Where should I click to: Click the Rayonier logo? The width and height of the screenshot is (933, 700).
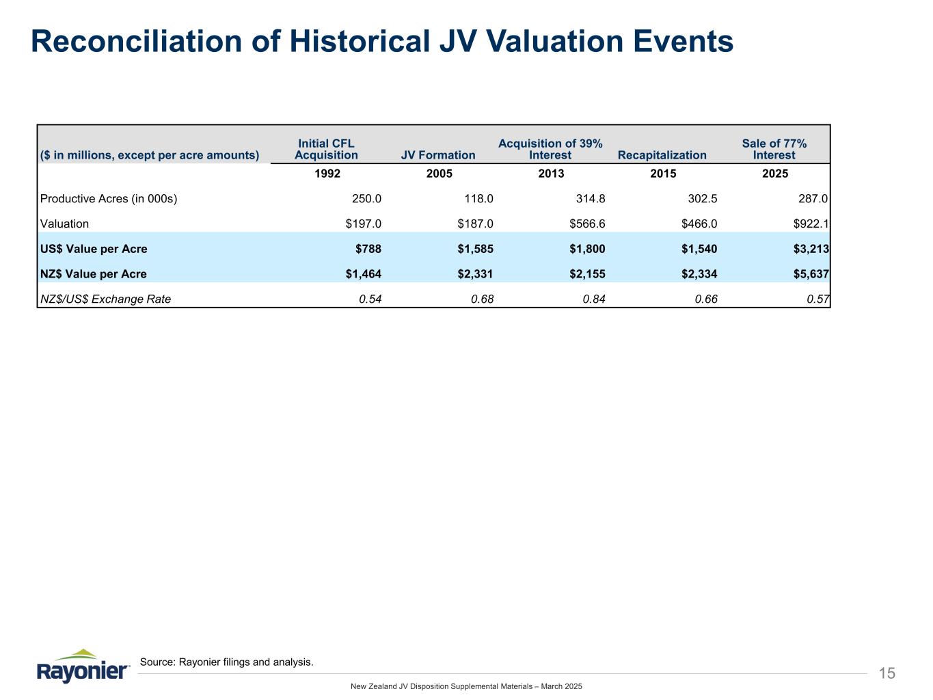coord(83,666)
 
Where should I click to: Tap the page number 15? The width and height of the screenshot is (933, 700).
coord(887,674)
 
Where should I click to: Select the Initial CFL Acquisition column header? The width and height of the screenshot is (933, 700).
coord(326,149)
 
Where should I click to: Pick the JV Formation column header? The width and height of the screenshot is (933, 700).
coord(437,155)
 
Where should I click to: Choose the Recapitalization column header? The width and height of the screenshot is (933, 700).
coord(662,155)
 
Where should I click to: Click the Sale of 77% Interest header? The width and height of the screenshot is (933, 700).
coord(774,149)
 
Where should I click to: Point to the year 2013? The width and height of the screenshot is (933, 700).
coord(551,174)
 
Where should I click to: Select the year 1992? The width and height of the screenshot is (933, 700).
coord(327,174)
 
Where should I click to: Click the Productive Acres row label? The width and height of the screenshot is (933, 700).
coord(109,199)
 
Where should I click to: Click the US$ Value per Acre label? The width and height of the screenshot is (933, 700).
coord(94,249)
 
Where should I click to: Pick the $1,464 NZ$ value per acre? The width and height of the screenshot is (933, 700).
coord(364,274)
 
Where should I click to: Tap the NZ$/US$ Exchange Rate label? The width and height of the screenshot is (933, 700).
coord(105,299)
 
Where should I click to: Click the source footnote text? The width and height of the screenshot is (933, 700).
coord(226,662)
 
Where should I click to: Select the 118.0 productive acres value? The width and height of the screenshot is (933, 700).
coord(479,199)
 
